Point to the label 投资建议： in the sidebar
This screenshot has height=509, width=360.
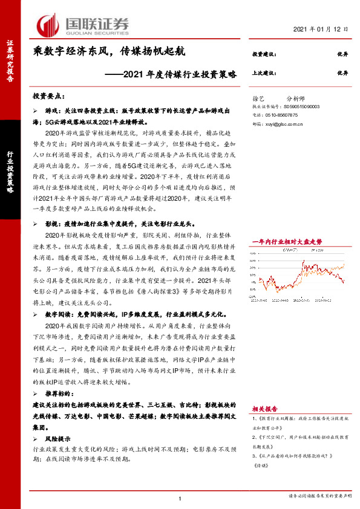pos(264,54)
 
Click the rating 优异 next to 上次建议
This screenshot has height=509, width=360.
pos(342,73)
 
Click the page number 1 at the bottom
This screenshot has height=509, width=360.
pos(180,498)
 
